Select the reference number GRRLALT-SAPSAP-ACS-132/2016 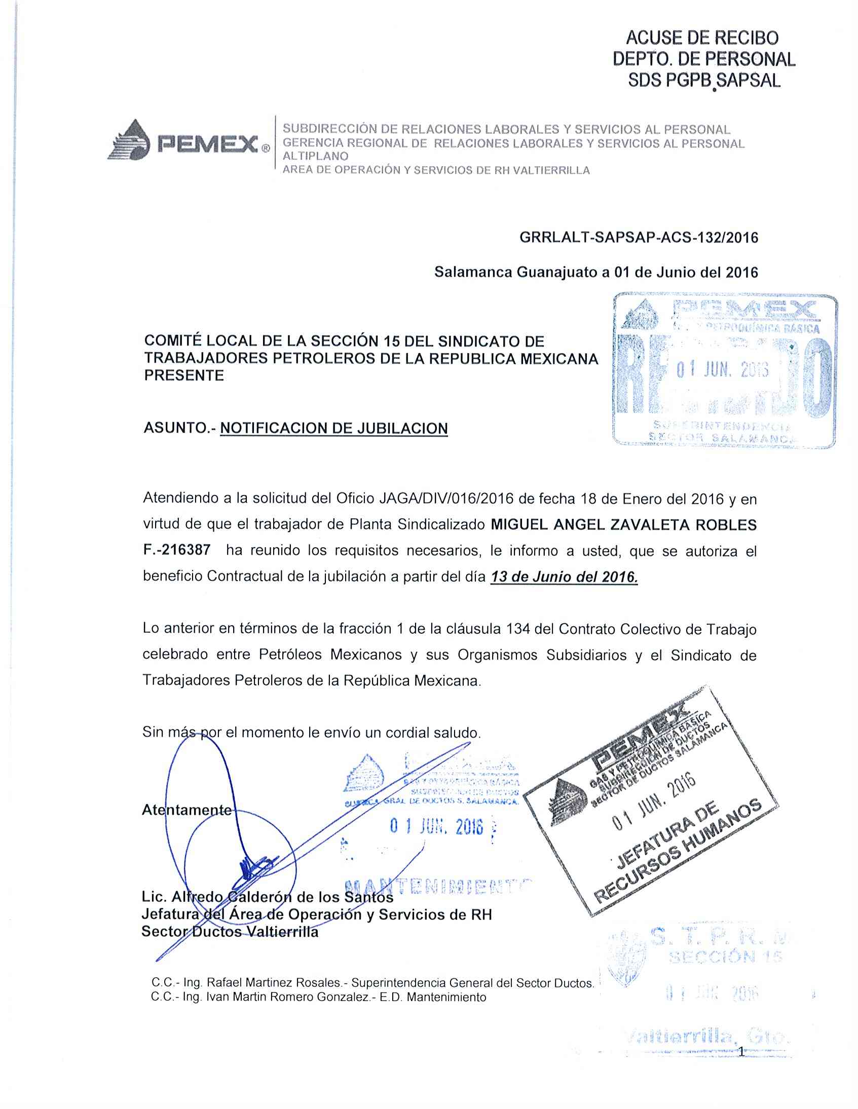pyautogui.click(x=639, y=238)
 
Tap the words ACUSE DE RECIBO pyautogui.click(x=702, y=38)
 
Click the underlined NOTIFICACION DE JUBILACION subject pyautogui.click(x=334, y=429)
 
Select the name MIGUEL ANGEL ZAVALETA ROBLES pyautogui.click(x=623, y=524)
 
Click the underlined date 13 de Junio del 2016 pyautogui.click(x=564, y=577)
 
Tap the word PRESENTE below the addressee pyautogui.click(x=184, y=376)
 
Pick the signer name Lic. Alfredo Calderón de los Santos pyautogui.click(x=267, y=897)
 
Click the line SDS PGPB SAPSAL pyautogui.click(x=703, y=81)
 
